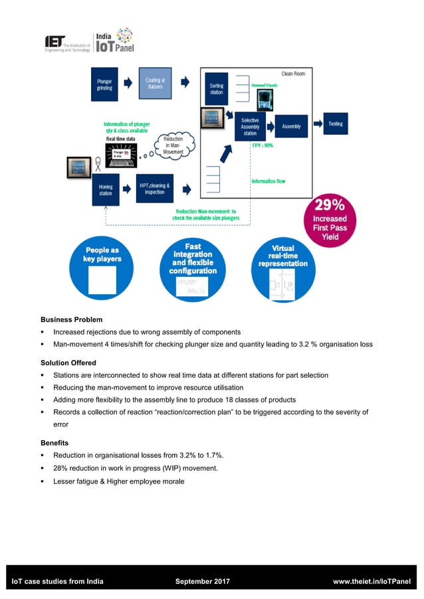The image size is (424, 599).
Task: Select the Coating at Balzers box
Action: coord(155,84)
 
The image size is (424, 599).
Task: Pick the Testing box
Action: coord(336,124)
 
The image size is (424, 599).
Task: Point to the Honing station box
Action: coord(106,191)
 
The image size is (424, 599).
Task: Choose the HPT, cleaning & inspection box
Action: coord(155,189)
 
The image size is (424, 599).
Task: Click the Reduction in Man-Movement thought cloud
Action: coord(173,145)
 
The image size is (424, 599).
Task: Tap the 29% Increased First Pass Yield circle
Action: coord(330,222)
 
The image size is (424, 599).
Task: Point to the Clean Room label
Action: coord(293,74)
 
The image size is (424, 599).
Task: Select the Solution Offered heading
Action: coord(68,363)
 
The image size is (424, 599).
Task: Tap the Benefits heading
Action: coord(54,442)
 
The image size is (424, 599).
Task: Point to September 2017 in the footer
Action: coord(202,582)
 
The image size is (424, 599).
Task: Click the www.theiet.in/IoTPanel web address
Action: coord(371,582)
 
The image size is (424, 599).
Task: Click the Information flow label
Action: coord(268,181)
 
